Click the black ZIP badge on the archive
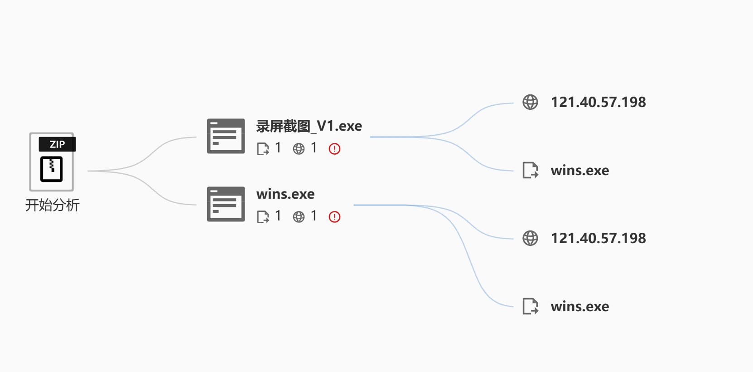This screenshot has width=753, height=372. [x=57, y=144]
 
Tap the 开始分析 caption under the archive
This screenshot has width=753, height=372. [x=53, y=205]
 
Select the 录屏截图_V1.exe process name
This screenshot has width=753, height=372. [x=309, y=126]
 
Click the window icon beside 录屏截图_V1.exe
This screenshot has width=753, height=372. [x=226, y=136]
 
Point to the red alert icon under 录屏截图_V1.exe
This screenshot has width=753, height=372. [x=334, y=149]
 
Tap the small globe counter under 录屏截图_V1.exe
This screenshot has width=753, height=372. [x=299, y=149]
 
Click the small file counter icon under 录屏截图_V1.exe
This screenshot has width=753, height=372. [x=263, y=149]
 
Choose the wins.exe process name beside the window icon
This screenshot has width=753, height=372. [x=285, y=194]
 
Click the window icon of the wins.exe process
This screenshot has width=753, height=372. [x=226, y=204]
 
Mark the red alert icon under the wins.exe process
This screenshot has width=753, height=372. [x=334, y=217]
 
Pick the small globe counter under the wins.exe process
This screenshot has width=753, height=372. [x=299, y=217]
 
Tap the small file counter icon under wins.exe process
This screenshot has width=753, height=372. [x=263, y=217]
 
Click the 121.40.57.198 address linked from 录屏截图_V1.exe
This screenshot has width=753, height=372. [x=598, y=103]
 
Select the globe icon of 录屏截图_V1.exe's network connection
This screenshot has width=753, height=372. [x=530, y=102]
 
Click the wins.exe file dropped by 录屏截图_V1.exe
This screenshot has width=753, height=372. [x=580, y=171]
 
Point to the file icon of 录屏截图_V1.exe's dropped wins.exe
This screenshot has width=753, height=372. [x=530, y=170]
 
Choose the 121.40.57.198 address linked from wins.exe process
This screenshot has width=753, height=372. [x=598, y=239]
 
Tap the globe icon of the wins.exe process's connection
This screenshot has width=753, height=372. [x=530, y=238]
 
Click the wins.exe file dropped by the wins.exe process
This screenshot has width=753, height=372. [x=580, y=307]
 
